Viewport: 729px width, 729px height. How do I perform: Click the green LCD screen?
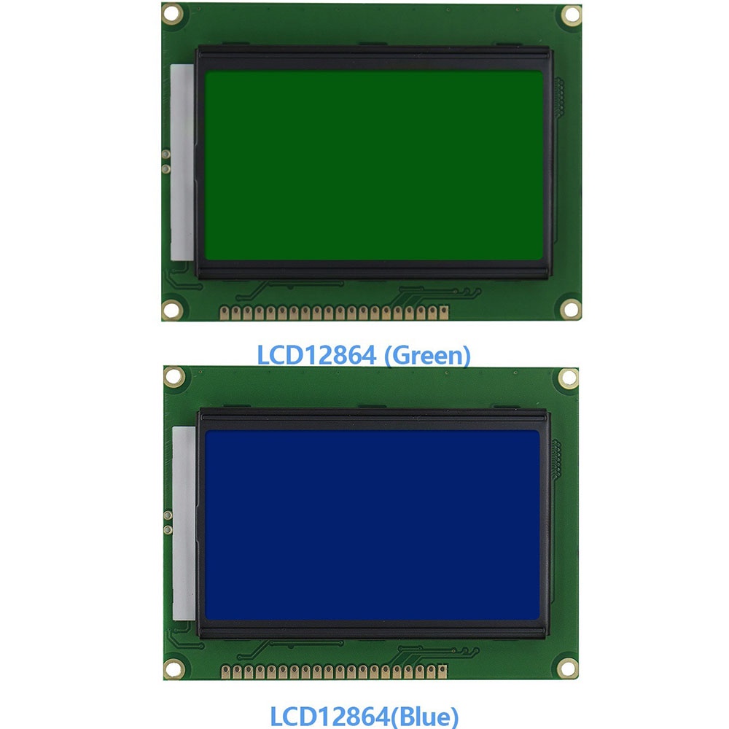click(x=374, y=165)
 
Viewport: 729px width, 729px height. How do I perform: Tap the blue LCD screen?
click(x=372, y=525)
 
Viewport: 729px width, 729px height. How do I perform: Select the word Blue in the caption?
click(x=424, y=717)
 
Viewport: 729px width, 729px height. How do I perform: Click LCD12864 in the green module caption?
click(x=316, y=356)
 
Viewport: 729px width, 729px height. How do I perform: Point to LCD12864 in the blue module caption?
click(x=330, y=717)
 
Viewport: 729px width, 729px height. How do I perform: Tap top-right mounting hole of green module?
click(x=571, y=15)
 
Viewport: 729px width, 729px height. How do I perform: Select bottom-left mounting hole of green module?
click(x=171, y=309)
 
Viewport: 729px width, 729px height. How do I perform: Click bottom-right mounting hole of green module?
click(x=571, y=309)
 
